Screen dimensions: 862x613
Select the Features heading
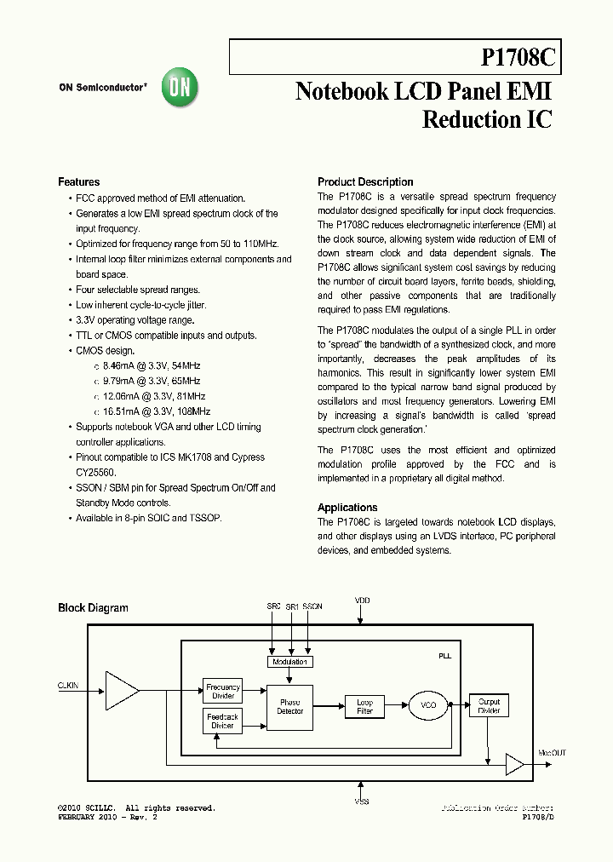(x=78, y=182)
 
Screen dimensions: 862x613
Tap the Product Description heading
(x=365, y=182)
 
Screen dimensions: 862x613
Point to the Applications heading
(x=347, y=507)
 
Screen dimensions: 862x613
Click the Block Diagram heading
(x=93, y=608)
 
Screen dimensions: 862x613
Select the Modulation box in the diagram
(x=289, y=662)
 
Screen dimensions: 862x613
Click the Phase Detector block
(x=289, y=706)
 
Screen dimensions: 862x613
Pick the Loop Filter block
(x=364, y=706)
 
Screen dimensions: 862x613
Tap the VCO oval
(x=429, y=705)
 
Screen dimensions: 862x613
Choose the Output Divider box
(x=489, y=705)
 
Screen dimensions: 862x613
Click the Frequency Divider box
(x=222, y=691)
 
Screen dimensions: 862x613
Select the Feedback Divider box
(x=222, y=721)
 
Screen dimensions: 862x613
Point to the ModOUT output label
(x=552, y=753)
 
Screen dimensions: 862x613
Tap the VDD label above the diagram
(x=363, y=601)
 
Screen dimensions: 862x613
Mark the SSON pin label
(x=312, y=606)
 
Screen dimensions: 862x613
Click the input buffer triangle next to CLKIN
(x=121, y=690)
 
